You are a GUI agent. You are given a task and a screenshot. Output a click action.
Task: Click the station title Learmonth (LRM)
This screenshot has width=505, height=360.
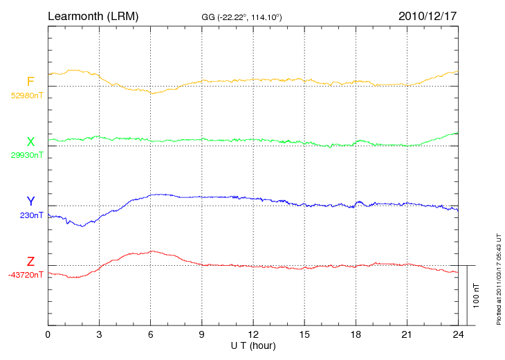point(93,15)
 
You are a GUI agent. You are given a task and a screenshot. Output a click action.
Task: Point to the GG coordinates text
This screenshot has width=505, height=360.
point(241,17)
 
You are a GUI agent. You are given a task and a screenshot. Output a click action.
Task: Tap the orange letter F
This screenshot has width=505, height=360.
point(30,82)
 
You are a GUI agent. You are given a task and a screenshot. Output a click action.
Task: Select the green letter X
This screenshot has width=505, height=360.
point(30,142)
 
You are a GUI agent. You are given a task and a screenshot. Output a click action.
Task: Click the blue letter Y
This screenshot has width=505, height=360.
point(30,201)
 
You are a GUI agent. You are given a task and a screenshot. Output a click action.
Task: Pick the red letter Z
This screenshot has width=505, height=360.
point(30,262)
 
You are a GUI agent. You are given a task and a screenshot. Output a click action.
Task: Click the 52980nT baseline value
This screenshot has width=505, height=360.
point(26,96)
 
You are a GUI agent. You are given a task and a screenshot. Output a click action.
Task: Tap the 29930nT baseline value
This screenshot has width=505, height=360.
point(26,155)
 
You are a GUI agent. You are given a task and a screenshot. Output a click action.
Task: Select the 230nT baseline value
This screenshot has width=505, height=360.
point(32,215)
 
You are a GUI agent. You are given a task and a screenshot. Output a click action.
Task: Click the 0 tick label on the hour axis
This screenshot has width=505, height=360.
point(48,334)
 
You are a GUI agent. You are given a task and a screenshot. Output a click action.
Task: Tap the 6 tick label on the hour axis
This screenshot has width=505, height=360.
point(151,334)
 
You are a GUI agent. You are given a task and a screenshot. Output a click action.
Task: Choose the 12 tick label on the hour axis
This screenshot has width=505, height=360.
point(253,334)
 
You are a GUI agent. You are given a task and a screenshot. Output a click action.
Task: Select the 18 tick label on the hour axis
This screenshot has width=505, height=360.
point(356,334)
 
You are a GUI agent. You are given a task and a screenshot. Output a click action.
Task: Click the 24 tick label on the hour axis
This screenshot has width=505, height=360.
point(458,334)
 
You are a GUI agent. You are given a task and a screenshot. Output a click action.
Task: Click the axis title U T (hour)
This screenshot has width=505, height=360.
point(253,345)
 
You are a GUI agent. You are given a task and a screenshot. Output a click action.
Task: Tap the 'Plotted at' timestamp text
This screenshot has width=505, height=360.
point(499,277)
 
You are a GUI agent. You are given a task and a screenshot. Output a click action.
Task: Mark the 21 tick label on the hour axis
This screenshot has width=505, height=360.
point(407,334)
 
